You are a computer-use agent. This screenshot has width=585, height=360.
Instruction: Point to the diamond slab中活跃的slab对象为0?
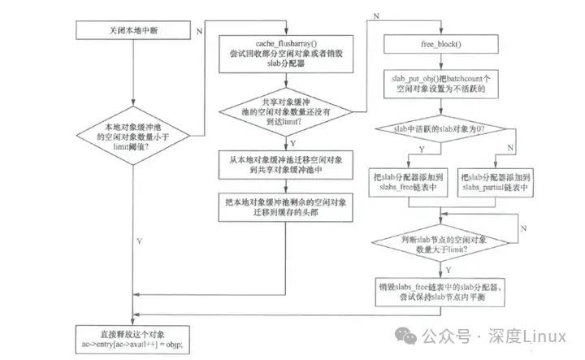[440, 129]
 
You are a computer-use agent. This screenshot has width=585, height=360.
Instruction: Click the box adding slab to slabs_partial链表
[496, 182]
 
